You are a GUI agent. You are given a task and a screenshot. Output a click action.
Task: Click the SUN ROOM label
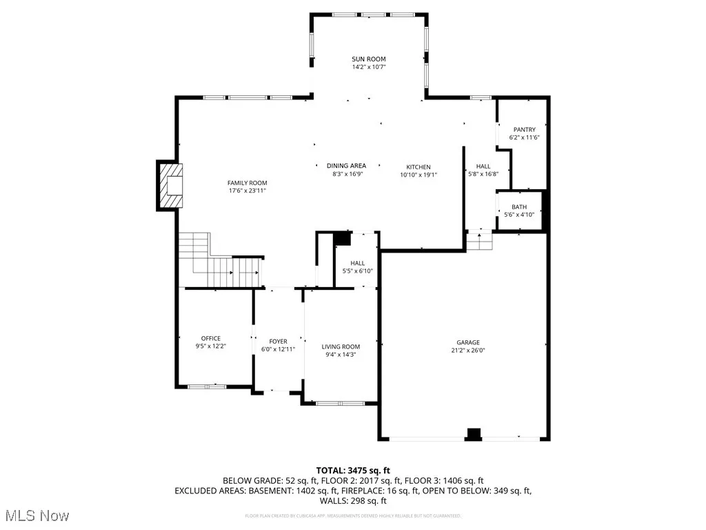pos(368,59)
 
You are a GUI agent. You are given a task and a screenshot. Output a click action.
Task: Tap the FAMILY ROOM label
pos(247,183)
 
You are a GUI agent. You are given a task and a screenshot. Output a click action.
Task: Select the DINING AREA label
pos(346,166)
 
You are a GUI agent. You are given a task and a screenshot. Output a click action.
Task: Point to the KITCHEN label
pos(418,167)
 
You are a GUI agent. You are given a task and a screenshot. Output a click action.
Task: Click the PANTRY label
pos(524,130)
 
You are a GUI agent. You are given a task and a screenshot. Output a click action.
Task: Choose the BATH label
pos(518,207)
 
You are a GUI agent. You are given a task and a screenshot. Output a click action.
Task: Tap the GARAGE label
pos(467,342)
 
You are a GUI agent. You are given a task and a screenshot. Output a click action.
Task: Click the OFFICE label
pos(211,338)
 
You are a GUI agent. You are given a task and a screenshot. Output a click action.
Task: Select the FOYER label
pos(278,341)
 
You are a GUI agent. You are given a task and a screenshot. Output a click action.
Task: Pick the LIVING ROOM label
pos(341,346)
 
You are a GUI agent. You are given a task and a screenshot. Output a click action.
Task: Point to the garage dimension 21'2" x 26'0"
pos(467,351)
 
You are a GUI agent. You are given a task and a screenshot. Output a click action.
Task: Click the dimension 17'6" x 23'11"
pos(247,190)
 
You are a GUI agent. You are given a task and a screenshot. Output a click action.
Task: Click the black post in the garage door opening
pos(474,433)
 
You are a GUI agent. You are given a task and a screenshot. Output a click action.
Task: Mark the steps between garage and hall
pos(479,242)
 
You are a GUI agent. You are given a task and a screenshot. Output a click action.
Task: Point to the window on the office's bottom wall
pos(208,386)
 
